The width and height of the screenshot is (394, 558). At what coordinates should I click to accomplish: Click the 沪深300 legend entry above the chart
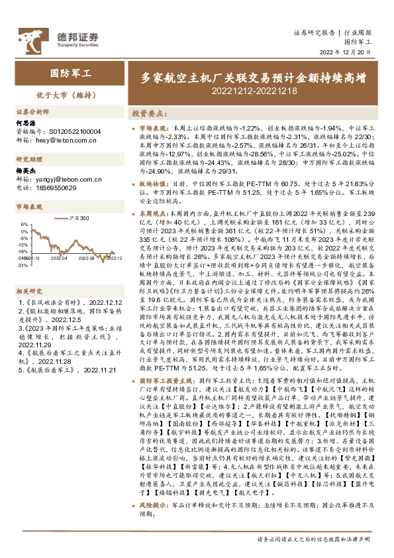pos(81,217)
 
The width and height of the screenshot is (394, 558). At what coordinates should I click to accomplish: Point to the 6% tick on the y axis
pos(23,224)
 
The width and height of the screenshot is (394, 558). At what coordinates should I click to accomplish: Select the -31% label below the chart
pos(23,265)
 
